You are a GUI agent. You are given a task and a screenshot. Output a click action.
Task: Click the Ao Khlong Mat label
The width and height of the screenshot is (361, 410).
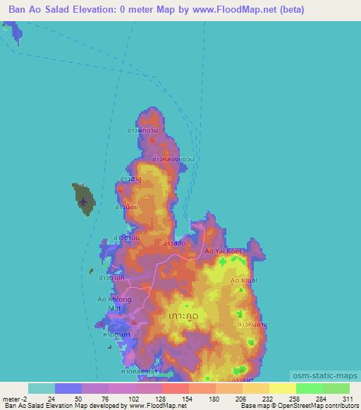(x=114, y=304)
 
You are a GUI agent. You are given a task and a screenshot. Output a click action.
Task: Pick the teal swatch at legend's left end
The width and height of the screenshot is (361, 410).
(x=42, y=388)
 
